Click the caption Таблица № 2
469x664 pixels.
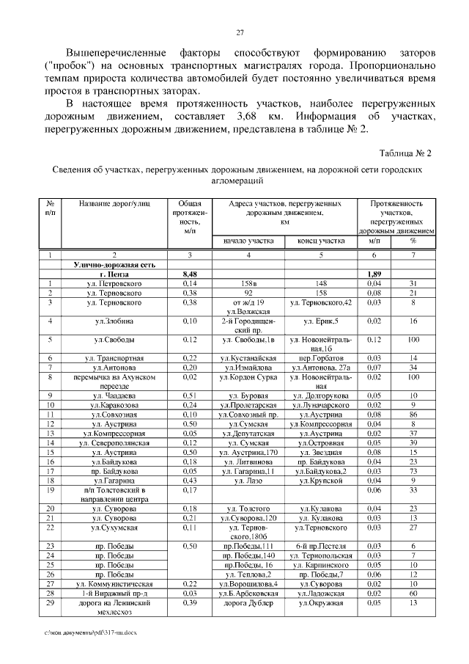(405, 153)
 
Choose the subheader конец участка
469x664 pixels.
(321, 240)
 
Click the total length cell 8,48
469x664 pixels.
(190, 274)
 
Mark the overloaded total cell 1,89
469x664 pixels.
(374, 274)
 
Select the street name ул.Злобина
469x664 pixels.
(113, 321)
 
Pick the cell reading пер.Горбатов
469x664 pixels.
(321, 357)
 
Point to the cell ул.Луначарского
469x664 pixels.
(321, 404)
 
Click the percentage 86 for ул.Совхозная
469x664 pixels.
(413, 414)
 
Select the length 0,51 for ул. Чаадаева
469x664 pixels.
(190, 395)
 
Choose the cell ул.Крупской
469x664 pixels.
(321, 480)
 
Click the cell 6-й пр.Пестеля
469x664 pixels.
(321, 547)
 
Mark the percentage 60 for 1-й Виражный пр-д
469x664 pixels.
(413, 593)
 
